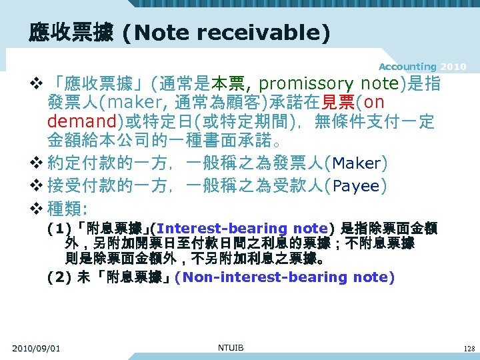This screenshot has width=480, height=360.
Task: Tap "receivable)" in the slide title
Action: (x=279, y=33)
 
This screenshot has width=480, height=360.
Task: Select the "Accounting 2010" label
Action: (x=422, y=67)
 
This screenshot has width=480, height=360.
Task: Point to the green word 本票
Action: (x=229, y=84)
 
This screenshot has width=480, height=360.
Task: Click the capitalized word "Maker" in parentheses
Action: (x=356, y=163)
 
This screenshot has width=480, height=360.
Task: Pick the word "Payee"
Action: (x=356, y=186)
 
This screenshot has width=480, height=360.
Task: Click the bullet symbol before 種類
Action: (x=37, y=209)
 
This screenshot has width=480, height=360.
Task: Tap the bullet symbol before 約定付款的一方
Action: (x=37, y=163)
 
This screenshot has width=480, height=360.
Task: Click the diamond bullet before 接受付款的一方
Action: (x=37, y=186)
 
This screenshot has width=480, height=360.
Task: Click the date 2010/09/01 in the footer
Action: (x=36, y=348)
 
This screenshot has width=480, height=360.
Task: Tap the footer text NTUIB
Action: (x=231, y=347)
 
